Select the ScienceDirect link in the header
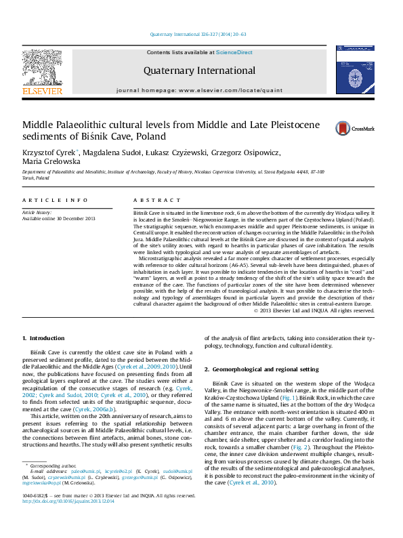[234, 52]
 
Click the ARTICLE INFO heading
[55, 201]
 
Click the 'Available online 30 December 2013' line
[59, 218]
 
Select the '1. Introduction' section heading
[44, 338]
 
